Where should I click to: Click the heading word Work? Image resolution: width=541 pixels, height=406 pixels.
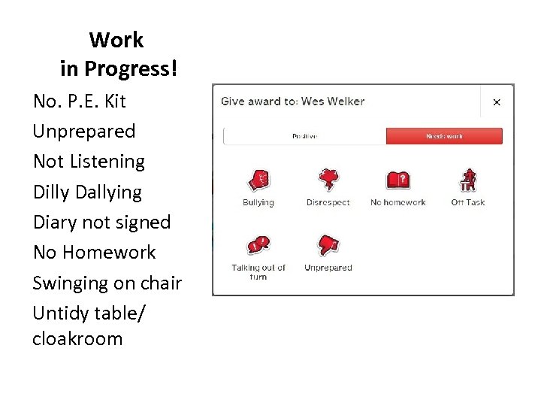[x=116, y=39]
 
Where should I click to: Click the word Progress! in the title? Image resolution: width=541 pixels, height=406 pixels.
[x=131, y=69]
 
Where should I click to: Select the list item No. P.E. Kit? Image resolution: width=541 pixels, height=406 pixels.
[x=80, y=101]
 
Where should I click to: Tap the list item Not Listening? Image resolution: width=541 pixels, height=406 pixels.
[x=89, y=161]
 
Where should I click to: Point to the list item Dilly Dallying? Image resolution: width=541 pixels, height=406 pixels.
[x=87, y=192]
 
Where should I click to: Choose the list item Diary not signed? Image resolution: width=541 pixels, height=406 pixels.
[x=101, y=222]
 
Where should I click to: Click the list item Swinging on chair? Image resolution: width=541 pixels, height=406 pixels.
[x=107, y=283]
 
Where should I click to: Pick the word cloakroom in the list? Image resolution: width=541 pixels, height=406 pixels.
[x=77, y=338]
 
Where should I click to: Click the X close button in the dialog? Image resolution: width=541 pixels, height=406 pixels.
[x=496, y=101]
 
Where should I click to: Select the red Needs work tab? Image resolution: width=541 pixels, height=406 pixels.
[x=444, y=136]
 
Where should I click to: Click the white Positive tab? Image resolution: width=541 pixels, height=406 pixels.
[x=305, y=136]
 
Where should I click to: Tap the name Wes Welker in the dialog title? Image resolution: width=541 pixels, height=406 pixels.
[x=333, y=101]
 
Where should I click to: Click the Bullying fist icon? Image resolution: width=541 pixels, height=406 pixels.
[x=258, y=180]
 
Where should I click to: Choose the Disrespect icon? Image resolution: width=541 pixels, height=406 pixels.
[x=328, y=180]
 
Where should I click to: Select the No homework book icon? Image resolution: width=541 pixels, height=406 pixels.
[x=398, y=180]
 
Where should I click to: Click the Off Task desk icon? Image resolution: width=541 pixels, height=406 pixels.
[x=468, y=180]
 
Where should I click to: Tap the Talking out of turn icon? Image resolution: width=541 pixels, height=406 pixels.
[x=258, y=245]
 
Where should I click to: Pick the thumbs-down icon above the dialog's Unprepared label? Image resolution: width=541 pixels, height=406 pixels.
[x=328, y=245]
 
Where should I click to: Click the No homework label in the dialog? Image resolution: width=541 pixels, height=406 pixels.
[x=398, y=202]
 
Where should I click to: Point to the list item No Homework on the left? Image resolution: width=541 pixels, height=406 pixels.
[x=94, y=253]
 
